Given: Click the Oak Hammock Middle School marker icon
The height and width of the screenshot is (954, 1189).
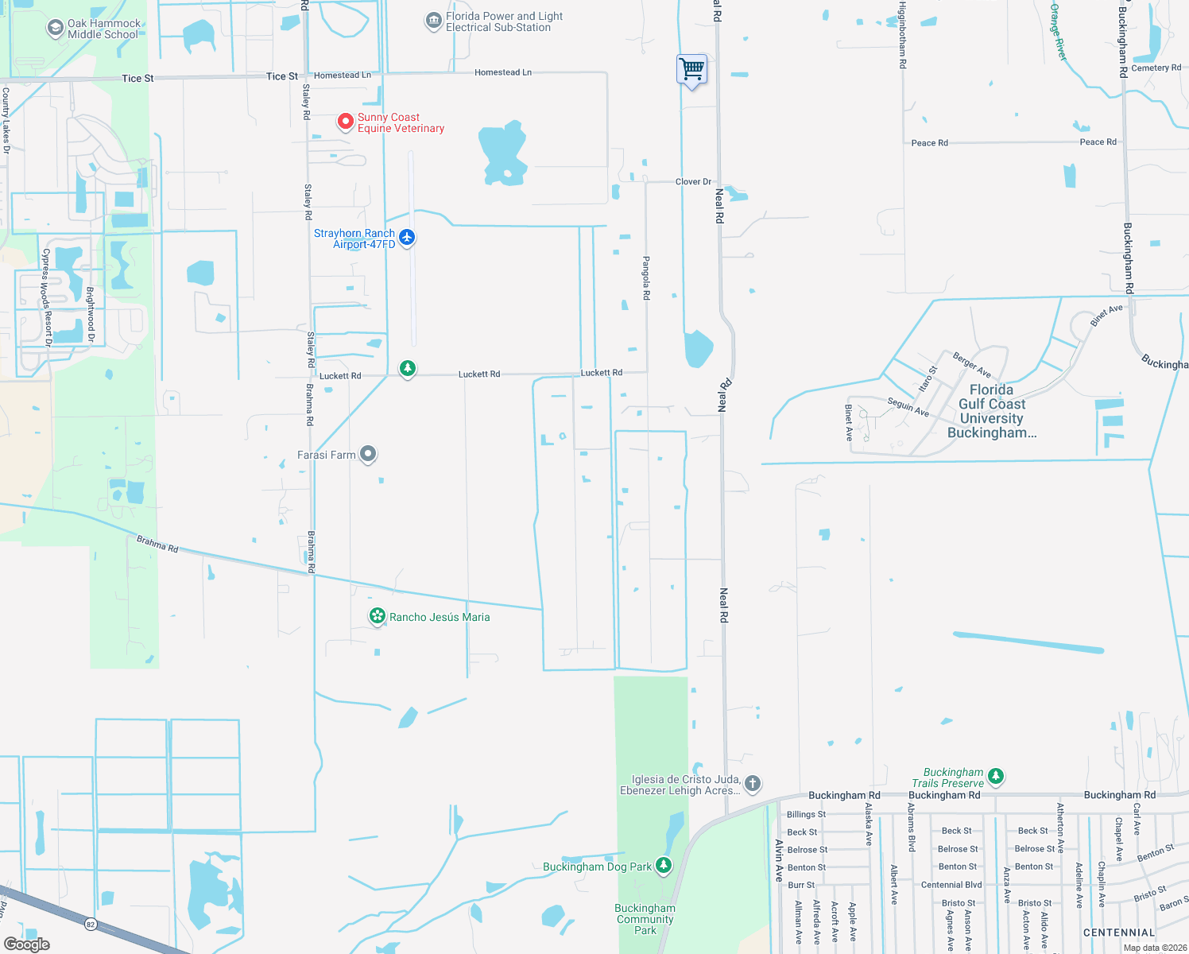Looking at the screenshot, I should [x=55, y=29].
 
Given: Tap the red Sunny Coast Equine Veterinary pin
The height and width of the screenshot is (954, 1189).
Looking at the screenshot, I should [x=346, y=121].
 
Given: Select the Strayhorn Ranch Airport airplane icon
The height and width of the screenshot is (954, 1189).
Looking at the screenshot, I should [x=407, y=237].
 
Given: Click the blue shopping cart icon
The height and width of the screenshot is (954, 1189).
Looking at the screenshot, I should [x=692, y=69].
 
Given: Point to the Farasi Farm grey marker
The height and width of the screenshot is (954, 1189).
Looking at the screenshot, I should [x=368, y=454].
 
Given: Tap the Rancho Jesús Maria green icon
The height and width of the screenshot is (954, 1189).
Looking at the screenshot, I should [x=378, y=616].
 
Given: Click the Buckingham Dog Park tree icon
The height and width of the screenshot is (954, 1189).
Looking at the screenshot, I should [x=664, y=866].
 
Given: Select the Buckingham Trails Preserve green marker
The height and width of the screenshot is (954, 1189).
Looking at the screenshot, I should [x=996, y=776].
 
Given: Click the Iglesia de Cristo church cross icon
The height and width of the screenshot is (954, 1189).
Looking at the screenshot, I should [x=752, y=783].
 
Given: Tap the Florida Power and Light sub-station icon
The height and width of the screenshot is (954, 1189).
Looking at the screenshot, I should [x=433, y=21].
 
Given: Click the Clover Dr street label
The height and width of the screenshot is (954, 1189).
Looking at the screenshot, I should [x=693, y=182].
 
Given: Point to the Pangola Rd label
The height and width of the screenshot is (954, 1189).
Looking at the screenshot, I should [x=646, y=277].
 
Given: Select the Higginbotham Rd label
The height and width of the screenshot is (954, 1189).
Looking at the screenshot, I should [x=902, y=35].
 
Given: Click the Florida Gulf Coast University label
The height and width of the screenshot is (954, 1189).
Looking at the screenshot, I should [x=992, y=411].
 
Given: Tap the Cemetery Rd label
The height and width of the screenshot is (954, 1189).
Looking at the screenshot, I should [x=1156, y=68].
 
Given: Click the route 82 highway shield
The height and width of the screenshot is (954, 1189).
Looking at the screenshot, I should [x=90, y=924].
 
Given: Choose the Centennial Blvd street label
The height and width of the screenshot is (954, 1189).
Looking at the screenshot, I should [x=951, y=885].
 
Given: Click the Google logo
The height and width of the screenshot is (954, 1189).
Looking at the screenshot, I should [x=27, y=944].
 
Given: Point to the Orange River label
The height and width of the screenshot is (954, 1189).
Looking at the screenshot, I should [x=1058, y=32].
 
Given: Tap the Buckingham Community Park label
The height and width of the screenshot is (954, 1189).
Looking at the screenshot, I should [x=645, y=919].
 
